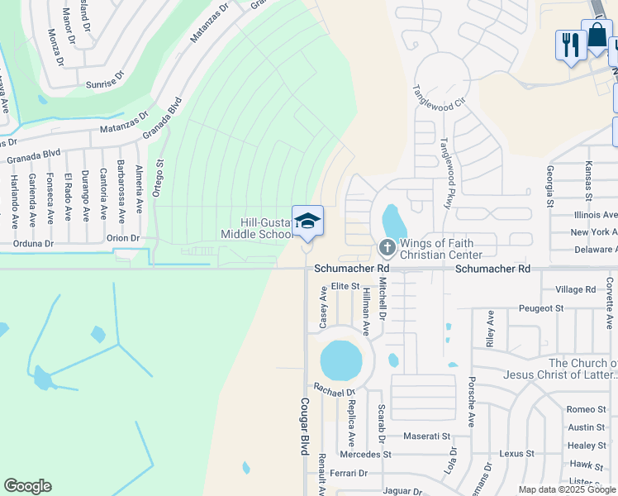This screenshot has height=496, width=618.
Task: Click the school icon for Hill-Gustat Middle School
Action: tap(307, 222)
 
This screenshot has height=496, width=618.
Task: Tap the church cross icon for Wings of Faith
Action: tap(386, 247)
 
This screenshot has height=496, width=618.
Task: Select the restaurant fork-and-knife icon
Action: tap(570, 45)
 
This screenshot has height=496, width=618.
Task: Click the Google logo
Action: tap(27, 486)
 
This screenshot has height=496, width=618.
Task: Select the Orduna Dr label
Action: tap(33, 244)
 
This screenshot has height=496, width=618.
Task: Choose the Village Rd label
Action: tap(576, 289)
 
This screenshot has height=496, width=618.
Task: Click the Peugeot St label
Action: tap(541, 308)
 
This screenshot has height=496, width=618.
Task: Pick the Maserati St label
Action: tap(427, 436)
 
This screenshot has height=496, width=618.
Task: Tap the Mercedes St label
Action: tap(364, 454)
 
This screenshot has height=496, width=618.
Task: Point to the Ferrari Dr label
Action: tap(345, 473)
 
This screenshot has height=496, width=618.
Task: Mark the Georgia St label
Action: tap(549, 185)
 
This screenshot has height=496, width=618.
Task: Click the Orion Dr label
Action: tap(123, 237)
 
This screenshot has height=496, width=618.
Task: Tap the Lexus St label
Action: tap(517, 454)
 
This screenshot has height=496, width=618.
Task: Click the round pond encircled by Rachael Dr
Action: tap(341, 360)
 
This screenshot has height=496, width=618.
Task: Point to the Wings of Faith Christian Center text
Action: tap(441, 249)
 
